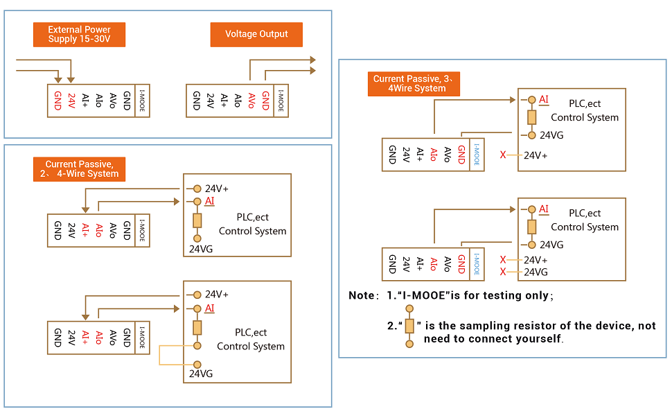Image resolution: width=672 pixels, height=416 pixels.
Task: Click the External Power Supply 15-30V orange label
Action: (x=80, y=35)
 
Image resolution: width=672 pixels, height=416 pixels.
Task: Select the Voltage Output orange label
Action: (x=256, y=34)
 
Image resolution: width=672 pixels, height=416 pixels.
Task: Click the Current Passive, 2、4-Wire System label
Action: (x=79, y=169)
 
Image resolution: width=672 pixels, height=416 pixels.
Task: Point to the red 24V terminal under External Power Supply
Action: (x=71, y=101)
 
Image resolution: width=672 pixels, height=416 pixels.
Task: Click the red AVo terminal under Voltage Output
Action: (x=251, y=101)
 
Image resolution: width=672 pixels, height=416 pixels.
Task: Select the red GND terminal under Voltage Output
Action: (x=265, y=101)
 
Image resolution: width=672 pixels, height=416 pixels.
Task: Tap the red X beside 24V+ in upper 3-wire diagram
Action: (x=503, y=155)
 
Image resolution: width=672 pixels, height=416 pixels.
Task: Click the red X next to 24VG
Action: (x=503, y=272)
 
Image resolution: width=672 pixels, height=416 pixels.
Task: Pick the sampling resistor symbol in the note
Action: (x=409, y=327)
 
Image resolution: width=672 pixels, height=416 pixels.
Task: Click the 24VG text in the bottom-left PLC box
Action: (x=201, y=374)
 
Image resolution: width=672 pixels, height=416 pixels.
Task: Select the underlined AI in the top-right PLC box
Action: (x=544, y=100)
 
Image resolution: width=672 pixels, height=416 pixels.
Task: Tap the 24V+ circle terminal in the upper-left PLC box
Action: (x=197, y=189)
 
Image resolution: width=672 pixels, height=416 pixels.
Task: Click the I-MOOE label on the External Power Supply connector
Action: (x=142, y=101)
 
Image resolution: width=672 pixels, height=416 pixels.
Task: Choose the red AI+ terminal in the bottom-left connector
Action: (x=85, y=338)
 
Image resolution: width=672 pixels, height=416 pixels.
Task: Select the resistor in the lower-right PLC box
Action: (x=531, y=227)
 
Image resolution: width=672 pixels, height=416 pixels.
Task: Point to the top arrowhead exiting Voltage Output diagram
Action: (x=312, y=60)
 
